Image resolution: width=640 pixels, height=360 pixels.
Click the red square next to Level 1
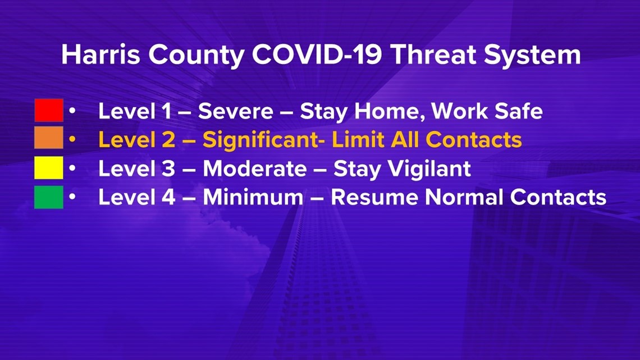click(x=49, y=110)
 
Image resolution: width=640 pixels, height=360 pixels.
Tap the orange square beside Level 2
click(x=49, y=138)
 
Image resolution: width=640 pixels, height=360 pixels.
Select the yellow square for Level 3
click(x=49, y=168)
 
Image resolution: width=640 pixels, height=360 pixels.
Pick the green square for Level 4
click(x=49, y=197)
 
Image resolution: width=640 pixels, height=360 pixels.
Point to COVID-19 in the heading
click(x=317, y=54)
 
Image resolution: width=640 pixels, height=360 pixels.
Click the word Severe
click(x=236, y=111)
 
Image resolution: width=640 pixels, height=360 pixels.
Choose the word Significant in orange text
click(x=264, y=140)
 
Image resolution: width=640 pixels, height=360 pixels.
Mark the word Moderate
click(x=255, y=168)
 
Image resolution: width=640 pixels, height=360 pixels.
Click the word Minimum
click(x=253, y=197)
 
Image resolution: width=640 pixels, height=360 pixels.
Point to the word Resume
click(x=374, y=197)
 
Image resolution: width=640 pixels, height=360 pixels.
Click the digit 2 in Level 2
click(x=168, y=140)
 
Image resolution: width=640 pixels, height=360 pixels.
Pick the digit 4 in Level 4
click(x=168, y=197)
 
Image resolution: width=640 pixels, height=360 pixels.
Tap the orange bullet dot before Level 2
click(x=72, y=139)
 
